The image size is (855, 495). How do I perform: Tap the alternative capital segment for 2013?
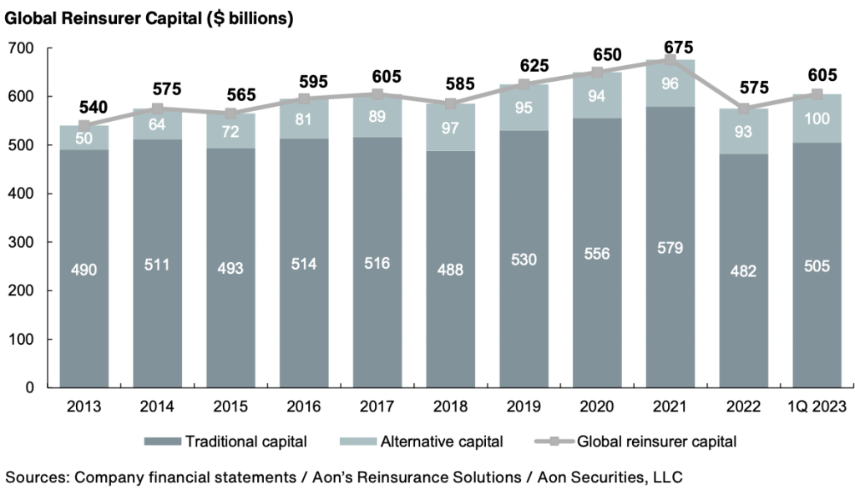83,138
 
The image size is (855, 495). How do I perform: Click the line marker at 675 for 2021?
670,60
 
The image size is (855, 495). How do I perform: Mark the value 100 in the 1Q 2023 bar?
817,119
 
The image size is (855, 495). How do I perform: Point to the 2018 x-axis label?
450,407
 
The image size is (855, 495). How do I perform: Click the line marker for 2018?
450,104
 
